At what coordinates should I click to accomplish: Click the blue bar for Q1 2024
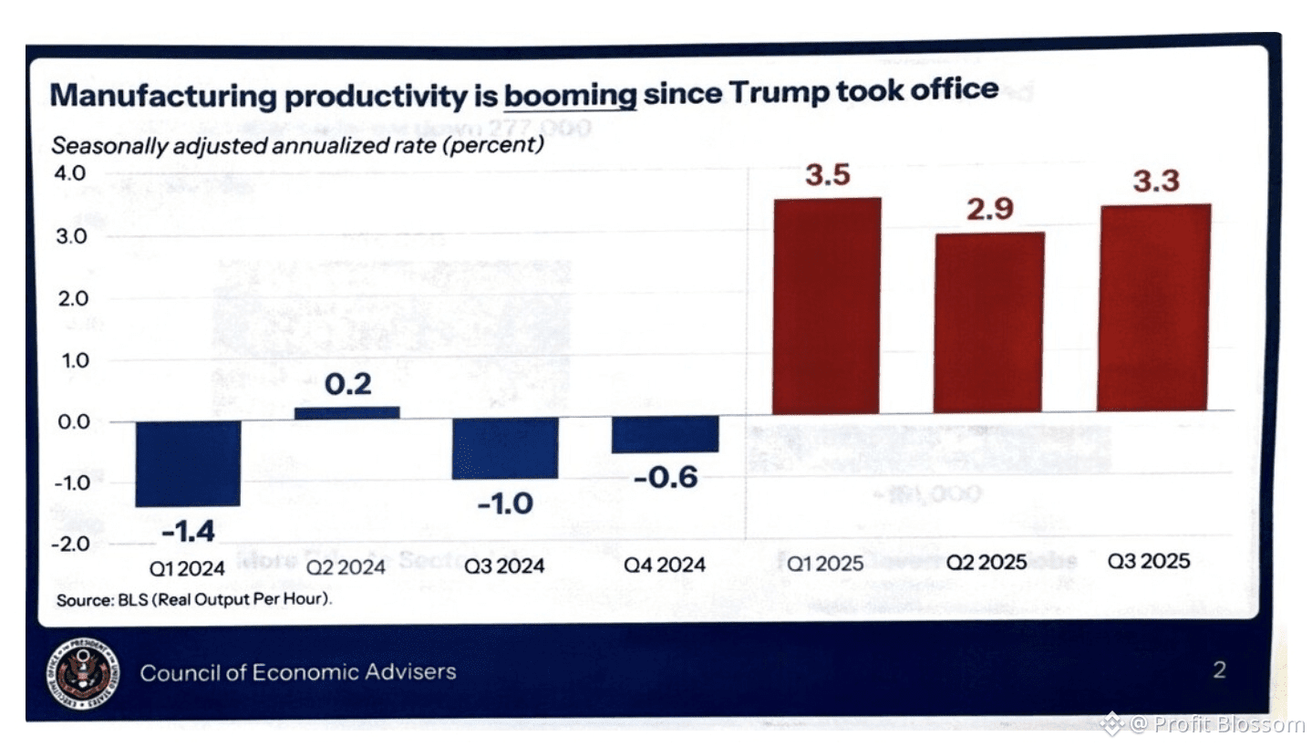(x=188, y=462)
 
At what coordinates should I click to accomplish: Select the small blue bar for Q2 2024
(x=346, y=412)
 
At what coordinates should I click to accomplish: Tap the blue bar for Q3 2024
(x=505, y=449)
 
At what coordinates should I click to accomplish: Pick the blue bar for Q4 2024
(x=665, y=436)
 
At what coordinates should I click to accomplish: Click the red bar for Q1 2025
(x=826, y=306)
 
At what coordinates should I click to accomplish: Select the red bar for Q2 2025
(x=988, y=322)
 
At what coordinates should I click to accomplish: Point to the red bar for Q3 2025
(x=1153, y=307)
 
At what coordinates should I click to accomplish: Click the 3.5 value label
(x=828, y=175)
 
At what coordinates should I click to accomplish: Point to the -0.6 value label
(x=665, y=476)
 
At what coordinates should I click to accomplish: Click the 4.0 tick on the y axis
(x=70, y=173)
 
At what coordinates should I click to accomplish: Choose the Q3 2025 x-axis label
(x=1149, y=561)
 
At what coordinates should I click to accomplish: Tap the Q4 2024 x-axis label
(x=665, y=565)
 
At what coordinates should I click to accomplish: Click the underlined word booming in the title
(x=570, y=94)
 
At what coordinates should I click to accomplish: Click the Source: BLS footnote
(x=194, y=600)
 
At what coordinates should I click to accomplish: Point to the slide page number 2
(x=1219, y=671)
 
